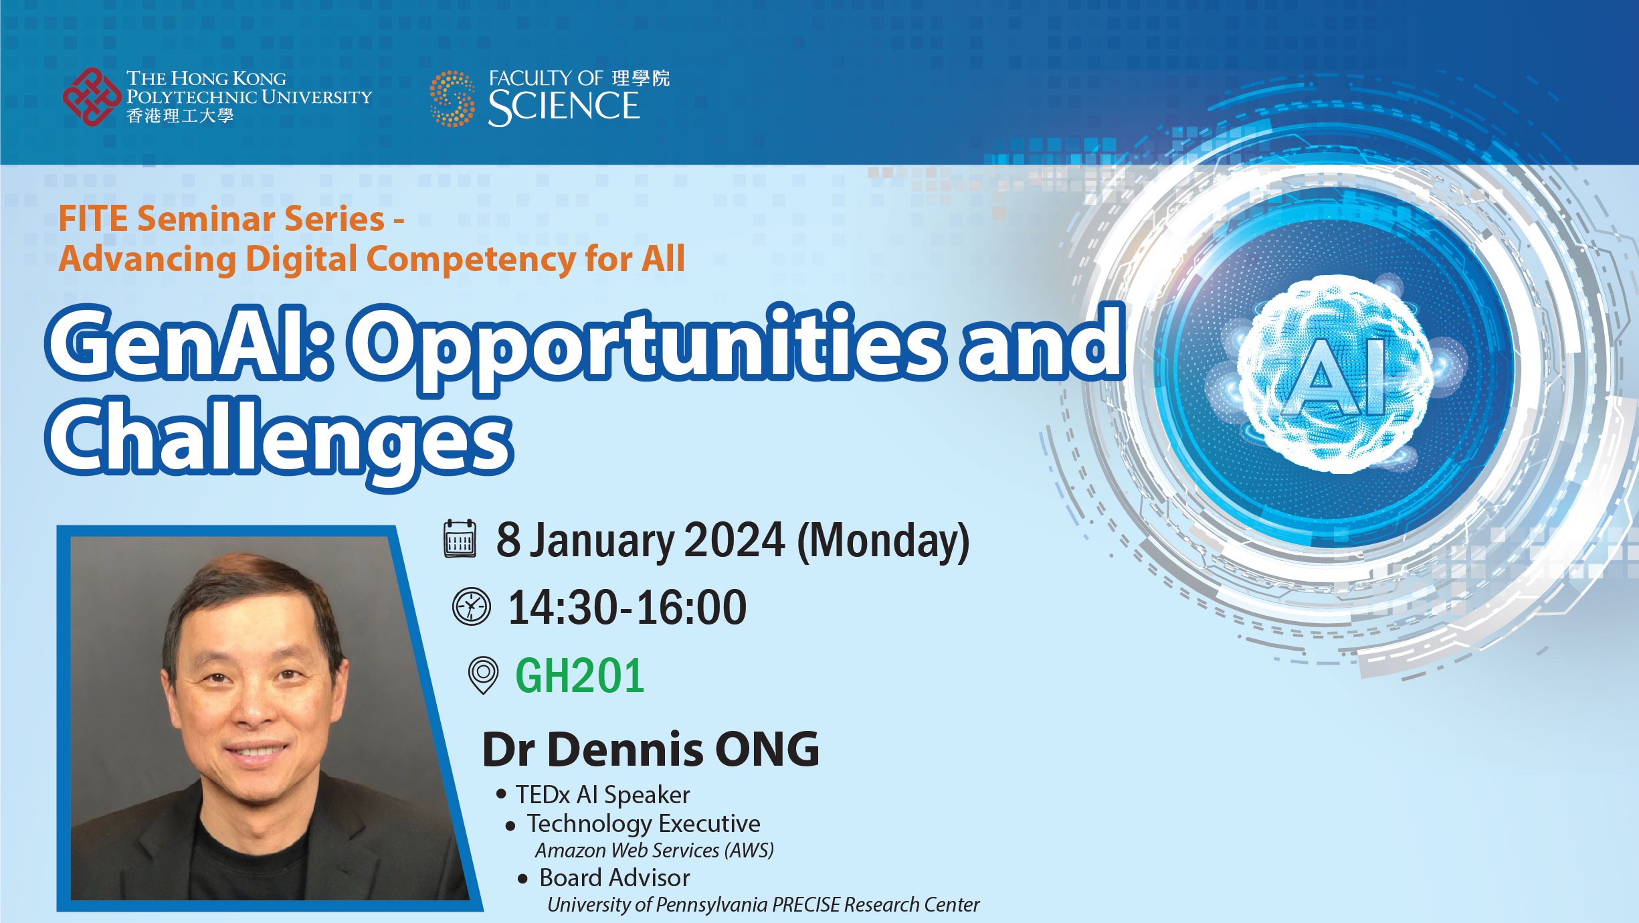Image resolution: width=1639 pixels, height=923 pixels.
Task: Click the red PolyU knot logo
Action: (92, 97)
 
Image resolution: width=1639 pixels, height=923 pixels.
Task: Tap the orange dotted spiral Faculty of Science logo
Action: (452, 98)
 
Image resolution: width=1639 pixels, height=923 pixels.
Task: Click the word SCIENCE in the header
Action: (564, 107)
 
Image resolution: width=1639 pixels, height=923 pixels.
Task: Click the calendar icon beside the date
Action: (460, 539)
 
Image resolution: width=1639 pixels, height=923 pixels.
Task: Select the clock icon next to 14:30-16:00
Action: (472, 606)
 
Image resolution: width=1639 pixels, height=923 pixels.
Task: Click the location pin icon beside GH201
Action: (483, 675)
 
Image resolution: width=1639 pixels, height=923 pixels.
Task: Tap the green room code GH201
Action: (579, 675)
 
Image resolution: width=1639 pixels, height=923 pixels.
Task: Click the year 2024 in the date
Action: (734, 540)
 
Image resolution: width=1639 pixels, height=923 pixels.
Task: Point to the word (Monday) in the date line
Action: (883, 541)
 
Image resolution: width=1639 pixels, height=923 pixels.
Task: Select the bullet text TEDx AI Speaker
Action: (602, 794)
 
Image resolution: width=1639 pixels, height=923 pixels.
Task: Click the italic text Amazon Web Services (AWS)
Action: (654, 850)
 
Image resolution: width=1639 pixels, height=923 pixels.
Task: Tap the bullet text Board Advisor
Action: (614, 877)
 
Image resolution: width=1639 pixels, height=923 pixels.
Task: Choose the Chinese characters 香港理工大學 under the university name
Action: (180, 116)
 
